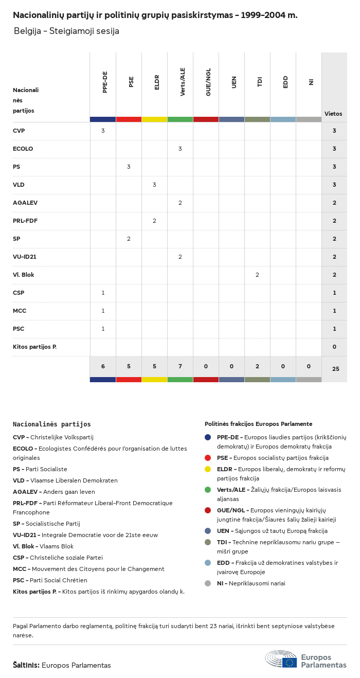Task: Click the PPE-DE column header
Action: tap(105, 82)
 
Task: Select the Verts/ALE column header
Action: tap(183, 82)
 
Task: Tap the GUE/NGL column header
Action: tap(208, 82)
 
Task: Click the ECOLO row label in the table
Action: tap(23, 149)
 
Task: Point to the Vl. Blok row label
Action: tap(23, 275)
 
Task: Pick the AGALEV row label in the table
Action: tap(25, 203)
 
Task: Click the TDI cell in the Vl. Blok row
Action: tap(257, 275)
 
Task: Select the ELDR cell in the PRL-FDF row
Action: tap(154, 221)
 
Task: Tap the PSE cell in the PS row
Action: tap(129, 167)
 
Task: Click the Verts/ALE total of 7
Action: tap(180, 366)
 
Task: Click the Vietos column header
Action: tap(333, 114)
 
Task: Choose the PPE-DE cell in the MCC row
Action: tap(103, 311)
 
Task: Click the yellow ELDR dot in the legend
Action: tap(208, 469)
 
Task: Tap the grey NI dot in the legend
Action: tap(208, 583)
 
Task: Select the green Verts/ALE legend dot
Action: tap(208, 490)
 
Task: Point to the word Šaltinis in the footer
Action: tap(26, 665)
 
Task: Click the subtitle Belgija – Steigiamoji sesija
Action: tap(66, 31)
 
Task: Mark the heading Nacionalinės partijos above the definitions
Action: tap(51, 424)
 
